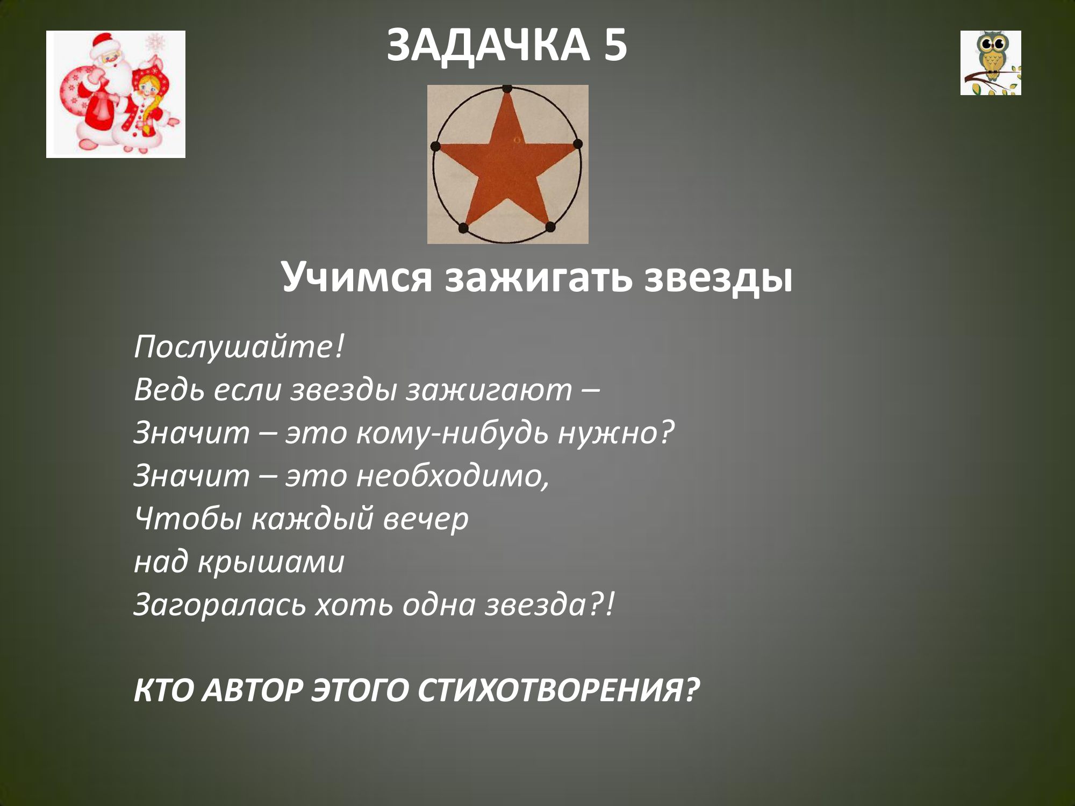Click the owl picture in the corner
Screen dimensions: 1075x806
tap(991, 63)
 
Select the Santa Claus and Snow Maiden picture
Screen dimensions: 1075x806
tap(116, 94)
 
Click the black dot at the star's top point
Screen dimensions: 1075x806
tap(507, 88)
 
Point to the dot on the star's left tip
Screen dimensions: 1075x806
tap(435, 146)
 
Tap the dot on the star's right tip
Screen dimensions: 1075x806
tap(578, 144)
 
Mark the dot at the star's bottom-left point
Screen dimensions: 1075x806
tap(463, 228)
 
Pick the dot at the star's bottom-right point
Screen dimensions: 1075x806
tap(550, 228)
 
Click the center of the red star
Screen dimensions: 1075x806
tap(507, 161)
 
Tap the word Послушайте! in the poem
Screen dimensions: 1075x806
tap(238, 347)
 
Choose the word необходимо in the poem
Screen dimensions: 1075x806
tap(453, 476)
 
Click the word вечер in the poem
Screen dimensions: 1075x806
tap(425, 519)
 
